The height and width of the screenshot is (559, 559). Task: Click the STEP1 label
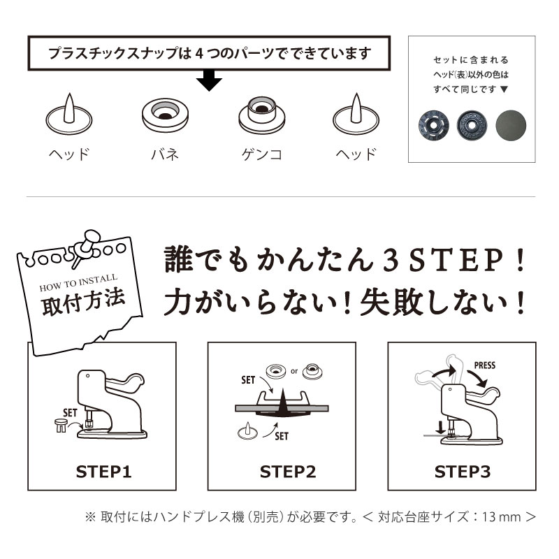103,472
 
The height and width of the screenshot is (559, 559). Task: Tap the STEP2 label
288,472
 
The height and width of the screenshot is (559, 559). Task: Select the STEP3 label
463,472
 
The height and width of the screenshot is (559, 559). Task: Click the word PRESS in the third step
484,365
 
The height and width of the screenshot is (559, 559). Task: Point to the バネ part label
165,154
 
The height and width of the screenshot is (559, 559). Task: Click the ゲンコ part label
261,154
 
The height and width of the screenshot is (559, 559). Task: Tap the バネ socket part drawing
165,115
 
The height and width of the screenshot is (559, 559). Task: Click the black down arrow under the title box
209,80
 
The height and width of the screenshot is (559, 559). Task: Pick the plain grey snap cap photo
511,126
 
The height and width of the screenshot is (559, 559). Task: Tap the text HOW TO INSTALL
78,282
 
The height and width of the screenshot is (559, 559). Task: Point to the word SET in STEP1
70,413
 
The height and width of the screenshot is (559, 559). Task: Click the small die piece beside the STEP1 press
61,426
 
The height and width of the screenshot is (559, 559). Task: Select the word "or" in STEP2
293,371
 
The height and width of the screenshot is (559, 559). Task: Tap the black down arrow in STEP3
441,428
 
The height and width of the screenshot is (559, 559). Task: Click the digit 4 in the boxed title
199,53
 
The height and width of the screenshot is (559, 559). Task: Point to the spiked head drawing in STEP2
247,431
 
